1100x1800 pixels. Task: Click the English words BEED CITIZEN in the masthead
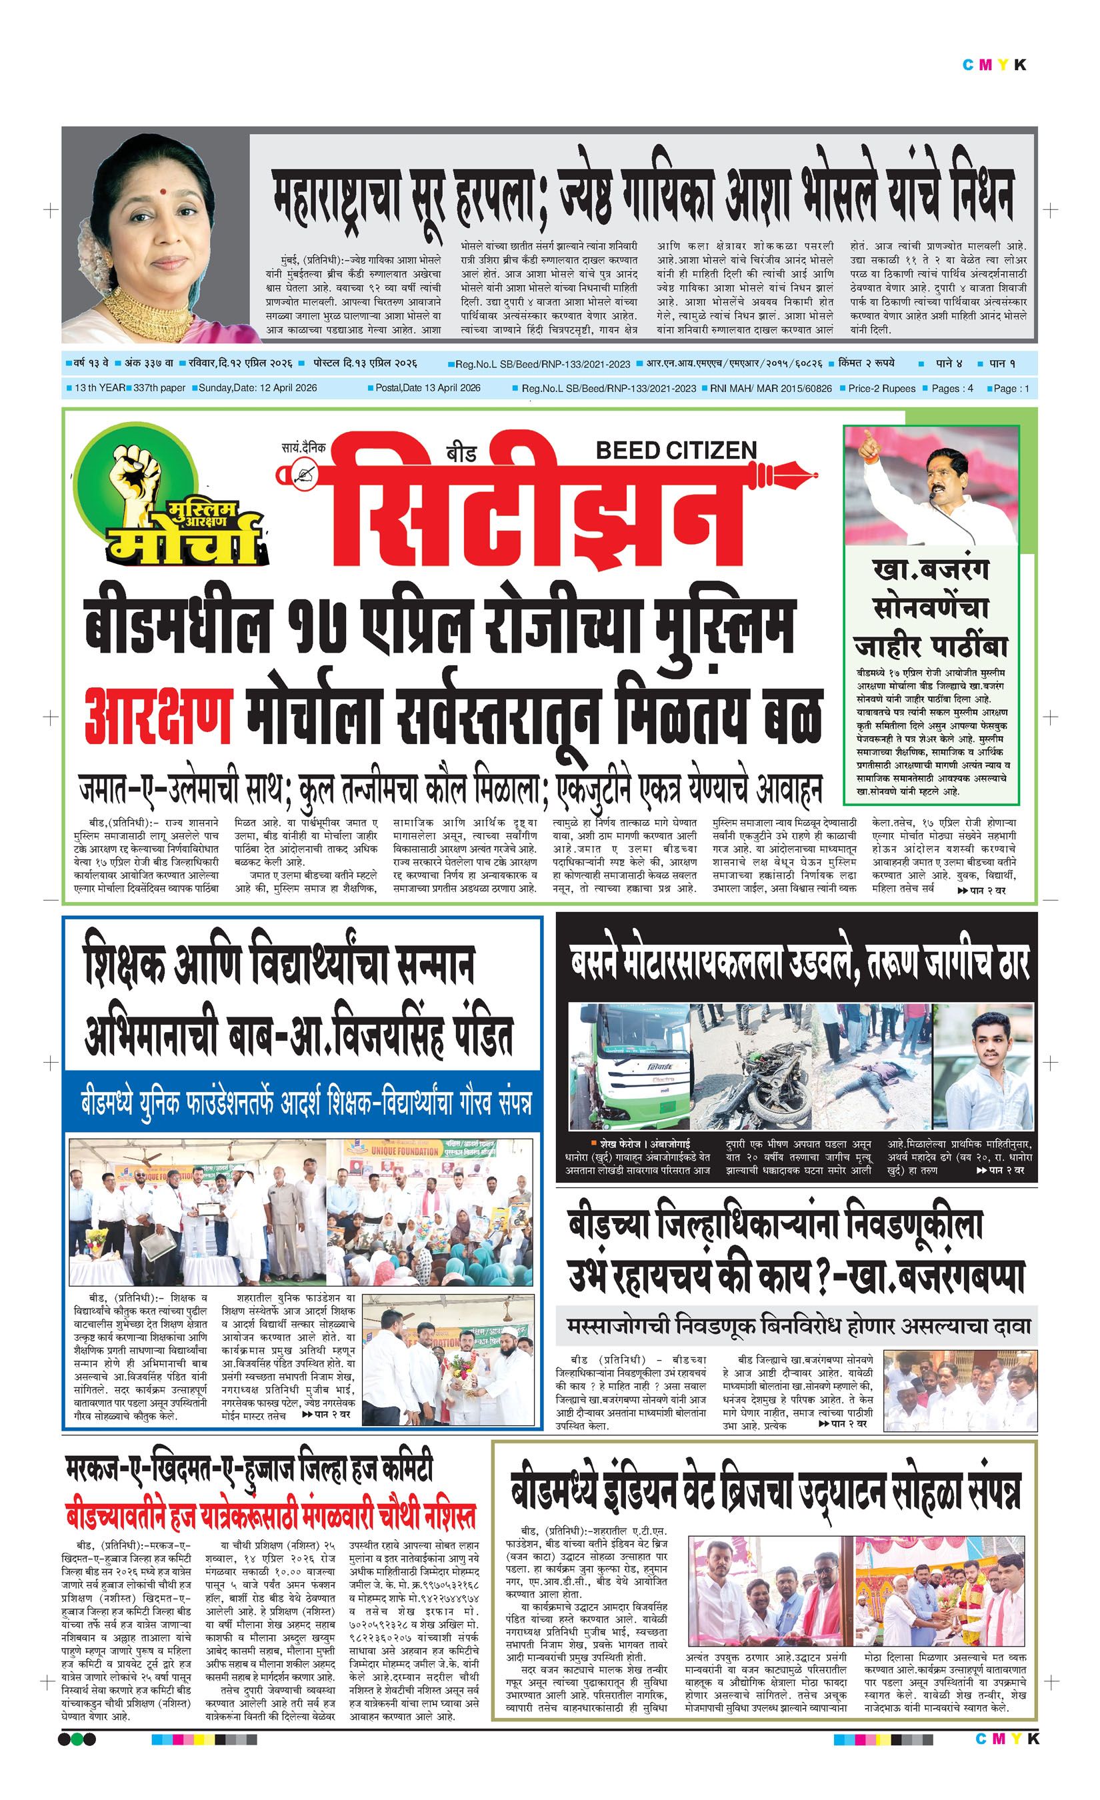(x=675, y=450)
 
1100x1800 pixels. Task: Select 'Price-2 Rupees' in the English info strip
(x=881, y=389)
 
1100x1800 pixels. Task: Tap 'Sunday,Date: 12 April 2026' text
(x=257, y=388)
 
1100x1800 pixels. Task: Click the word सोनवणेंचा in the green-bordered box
(x=931, y=609)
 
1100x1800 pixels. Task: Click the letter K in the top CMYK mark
(x=1021, y=65)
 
